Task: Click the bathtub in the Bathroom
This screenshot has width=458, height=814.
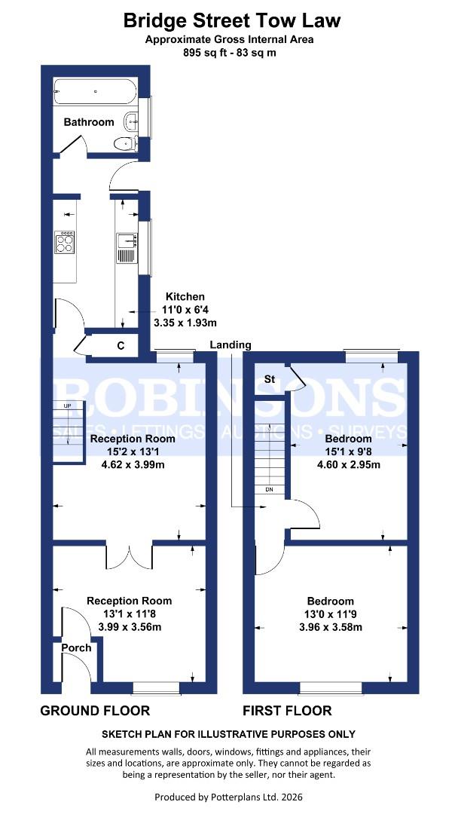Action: point(95,92)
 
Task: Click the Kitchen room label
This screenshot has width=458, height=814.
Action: point(185,297)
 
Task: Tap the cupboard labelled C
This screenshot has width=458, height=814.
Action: point(121,346)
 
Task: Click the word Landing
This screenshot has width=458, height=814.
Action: point(231,344)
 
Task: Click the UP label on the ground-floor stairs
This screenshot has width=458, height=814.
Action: point(68,406)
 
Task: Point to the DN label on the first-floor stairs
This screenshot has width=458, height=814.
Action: point(269,490)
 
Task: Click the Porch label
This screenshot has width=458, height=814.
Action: point(76,647)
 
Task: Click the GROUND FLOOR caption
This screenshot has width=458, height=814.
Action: point(95,710)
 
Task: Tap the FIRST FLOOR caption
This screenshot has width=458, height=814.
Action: point(287,710)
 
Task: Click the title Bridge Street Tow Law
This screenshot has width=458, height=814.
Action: point(231,20)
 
